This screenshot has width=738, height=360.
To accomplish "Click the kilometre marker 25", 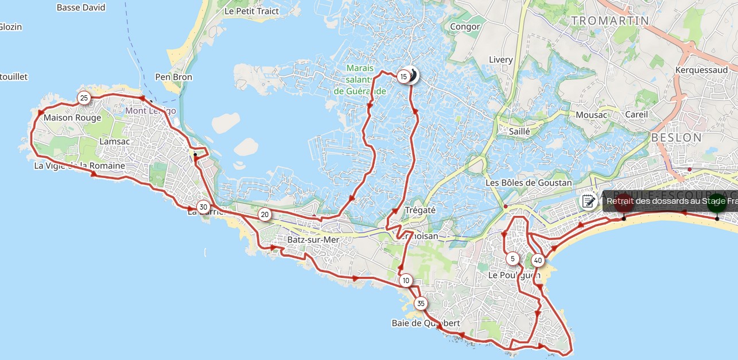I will tap(84, 98).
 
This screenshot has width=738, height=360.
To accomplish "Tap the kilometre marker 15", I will tap(403, 76).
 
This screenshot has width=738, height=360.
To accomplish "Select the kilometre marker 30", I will tap(203, 207).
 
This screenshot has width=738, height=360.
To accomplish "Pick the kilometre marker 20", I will tap(264, 215).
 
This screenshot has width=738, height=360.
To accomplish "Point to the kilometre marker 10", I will tap(406, 280).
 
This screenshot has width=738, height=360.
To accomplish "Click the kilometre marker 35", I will tap(421, 303).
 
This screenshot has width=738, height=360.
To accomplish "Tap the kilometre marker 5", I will tap(512, 258).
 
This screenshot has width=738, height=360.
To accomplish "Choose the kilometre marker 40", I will tap(537, 260).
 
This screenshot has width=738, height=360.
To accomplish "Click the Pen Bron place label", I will tap(174, 77).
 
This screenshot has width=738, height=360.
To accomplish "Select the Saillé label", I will tap(519, 131).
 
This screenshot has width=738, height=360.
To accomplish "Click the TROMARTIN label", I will tap(610, 21).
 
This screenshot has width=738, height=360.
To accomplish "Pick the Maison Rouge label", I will tap(76, 118).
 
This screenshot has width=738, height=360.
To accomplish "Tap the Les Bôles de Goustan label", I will tap(529, 183).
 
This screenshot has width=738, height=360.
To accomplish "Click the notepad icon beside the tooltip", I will tap(588, 201).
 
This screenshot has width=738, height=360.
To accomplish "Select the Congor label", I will tap(465, 26).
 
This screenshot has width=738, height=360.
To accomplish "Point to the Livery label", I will tap(500, 60).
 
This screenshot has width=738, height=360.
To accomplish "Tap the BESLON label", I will tap(677, 137).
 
